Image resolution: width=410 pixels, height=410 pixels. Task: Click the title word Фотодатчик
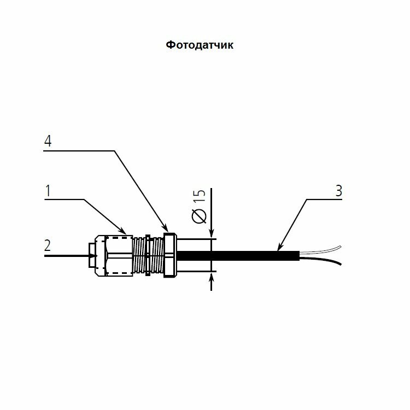(200, 45)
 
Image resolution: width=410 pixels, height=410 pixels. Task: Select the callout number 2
(48, 245)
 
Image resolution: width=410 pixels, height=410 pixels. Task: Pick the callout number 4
(48, 141)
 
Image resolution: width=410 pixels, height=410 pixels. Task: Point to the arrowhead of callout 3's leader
(279, 249)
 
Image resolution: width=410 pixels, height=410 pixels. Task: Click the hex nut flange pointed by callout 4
(169, 255)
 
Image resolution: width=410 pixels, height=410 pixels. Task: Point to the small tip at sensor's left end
(91, 255)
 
